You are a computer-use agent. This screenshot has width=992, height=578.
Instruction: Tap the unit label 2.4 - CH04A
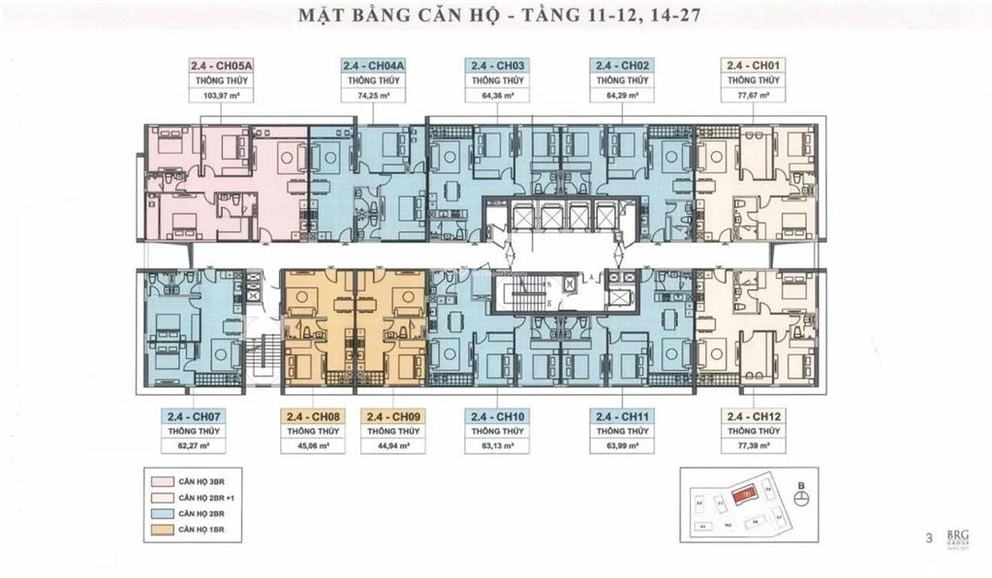click(x=373, y=66)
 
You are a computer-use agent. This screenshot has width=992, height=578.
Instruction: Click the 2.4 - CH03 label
click(x=497, y=66)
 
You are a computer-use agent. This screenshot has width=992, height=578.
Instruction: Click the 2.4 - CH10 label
click(x=497, y=416)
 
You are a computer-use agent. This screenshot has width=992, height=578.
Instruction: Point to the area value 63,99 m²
click(x=620, y=446)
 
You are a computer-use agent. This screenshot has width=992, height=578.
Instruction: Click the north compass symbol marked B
click(x=801, y=497)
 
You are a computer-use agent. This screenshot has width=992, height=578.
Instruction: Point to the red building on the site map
click(x=744, y=493)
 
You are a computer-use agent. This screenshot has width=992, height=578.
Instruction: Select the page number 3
click(x=929, y=537)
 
